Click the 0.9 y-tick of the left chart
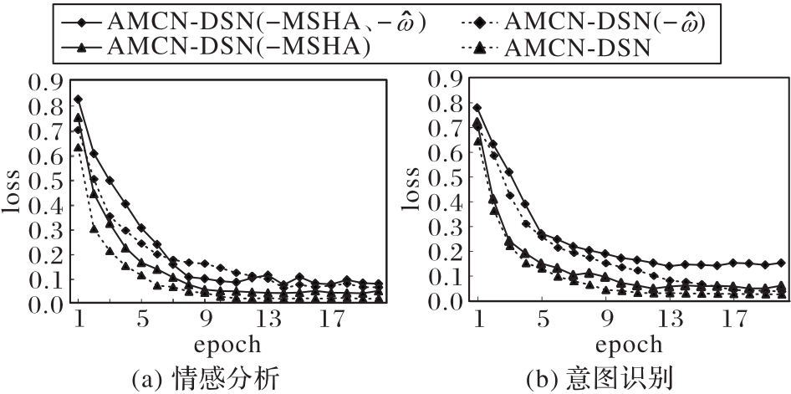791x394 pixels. click(x=46, y=82)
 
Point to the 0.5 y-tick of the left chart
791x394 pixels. click(x=46, y=181)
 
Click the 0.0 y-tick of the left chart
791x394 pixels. click(x=46, y=304)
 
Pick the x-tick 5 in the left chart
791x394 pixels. click(x=141, y=319)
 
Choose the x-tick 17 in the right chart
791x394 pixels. click(x=732, y=319)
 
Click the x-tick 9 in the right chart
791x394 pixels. click(x=606, y=319)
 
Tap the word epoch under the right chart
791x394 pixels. click(x=626, y=344)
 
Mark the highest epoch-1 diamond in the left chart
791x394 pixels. click(x=79, y=100)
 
